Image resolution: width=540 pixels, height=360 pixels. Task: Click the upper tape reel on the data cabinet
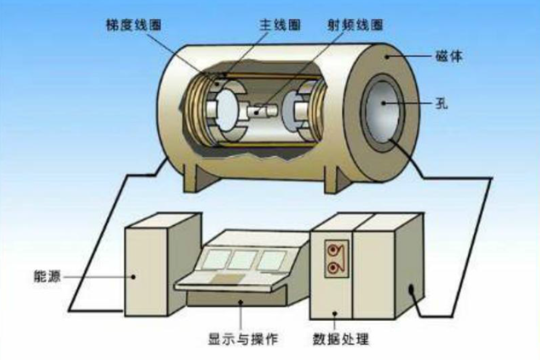336,248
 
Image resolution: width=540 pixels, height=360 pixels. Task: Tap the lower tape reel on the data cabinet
336,268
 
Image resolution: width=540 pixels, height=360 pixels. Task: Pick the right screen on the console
272,260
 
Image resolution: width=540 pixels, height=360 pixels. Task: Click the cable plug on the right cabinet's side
410,290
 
